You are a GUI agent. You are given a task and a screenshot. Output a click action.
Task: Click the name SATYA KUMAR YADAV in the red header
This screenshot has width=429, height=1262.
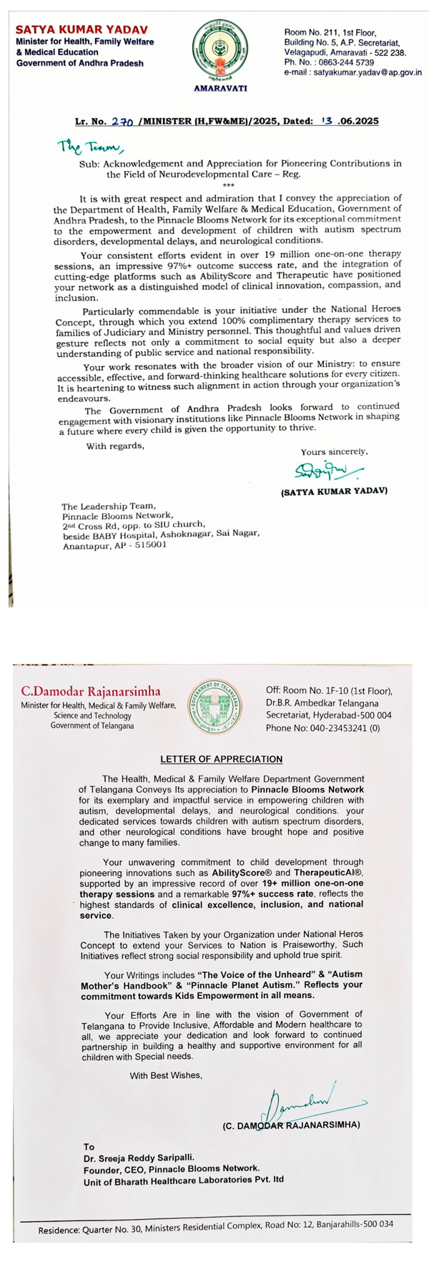tap(82, 30)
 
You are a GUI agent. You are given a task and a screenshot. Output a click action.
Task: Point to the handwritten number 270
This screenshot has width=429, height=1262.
tap(123, 122)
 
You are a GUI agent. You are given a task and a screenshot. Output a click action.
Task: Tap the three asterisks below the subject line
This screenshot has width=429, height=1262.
tap(228, 185)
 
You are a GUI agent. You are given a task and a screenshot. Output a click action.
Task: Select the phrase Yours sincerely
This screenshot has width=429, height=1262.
tap(334, 451)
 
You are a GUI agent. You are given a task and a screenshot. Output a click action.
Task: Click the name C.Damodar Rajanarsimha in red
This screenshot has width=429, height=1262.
tap(91, 691)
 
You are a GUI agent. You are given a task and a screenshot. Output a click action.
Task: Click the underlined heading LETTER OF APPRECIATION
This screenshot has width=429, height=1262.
tap(221, 759)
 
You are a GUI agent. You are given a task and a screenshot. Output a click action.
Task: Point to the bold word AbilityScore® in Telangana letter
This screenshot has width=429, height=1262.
tap(240, 874)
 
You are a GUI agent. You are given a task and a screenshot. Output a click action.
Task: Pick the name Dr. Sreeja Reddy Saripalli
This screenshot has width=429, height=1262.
tap(138, 1157)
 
